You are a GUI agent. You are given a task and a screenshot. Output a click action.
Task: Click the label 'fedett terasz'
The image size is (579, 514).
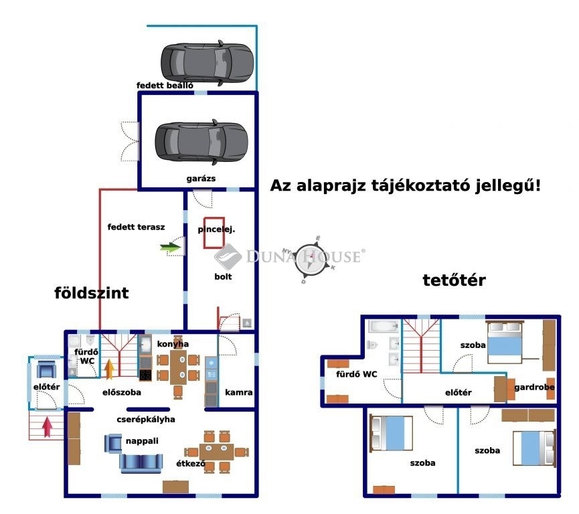pyautogui.click(x=136, y=227)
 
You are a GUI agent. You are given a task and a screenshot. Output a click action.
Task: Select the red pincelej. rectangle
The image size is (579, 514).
pyautogui.click(x=215, y=232)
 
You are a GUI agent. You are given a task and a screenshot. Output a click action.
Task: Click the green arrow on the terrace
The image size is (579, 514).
pyautogui.click(x=171, y=248)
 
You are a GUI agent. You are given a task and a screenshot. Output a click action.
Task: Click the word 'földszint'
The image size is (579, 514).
pyautogui.click(x=91, y=293)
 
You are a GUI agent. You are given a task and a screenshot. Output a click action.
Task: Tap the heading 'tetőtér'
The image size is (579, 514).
pyautogui.click(x=453, y=280)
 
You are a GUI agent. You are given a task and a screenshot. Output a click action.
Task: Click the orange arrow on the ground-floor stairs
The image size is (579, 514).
pyautogui.click(x=109, y=369)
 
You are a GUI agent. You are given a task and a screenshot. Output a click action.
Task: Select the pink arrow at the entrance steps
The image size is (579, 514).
pyautogui.click(x=48, y=426)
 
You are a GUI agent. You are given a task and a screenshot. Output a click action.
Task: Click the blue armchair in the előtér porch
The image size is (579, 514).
pyautogui.click(x=47, y=369)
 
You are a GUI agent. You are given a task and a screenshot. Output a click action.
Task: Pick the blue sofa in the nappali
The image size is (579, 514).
pyautogui.click(x=141, y=461)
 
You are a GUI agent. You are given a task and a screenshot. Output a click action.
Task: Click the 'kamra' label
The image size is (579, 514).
pyautogui.click(x=238, y=392)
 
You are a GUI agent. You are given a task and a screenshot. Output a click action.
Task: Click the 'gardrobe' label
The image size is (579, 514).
pyautogui.click(x=533, y=387)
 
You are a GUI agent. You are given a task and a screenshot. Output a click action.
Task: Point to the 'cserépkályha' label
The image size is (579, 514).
pyautogui.click(x=147, y=420)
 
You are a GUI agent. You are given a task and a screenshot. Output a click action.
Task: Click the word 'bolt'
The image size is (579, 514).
pyautogui.click(x=223, y=276)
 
